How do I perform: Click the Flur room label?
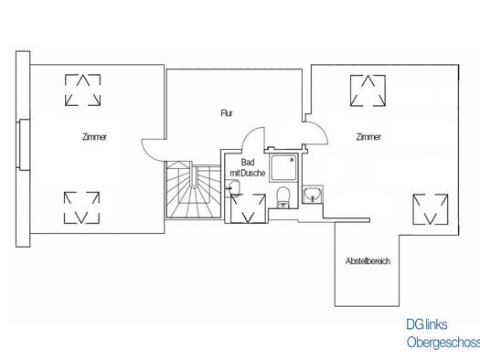[227, 113]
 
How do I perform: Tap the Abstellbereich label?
[368, 261]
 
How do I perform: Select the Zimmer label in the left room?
[94, 137]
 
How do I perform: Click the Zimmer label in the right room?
[368, 137]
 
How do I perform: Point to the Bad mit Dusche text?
[248, 167]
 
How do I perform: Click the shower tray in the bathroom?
[283, 167]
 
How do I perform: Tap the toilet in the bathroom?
[283, 197]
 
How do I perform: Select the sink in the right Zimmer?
[313, 195]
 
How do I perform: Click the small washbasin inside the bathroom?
[232, 187]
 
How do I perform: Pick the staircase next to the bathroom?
[193, 190]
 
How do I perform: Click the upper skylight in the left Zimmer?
[82, 90]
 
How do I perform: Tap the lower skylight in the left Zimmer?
[81, 207]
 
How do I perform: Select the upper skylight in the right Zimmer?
[368, 90]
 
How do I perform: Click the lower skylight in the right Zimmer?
[430, 209]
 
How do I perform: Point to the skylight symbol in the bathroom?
[248, 208]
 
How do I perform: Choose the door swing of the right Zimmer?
[323, 129]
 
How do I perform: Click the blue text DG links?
[427, 324]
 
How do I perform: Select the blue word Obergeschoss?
[443, 343]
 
